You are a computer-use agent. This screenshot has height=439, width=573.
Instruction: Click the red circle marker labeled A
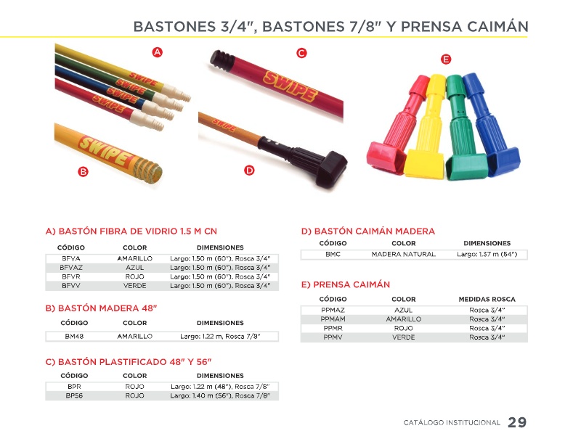click(157, 52)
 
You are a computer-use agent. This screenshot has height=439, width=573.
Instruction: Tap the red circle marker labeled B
click(83, 172)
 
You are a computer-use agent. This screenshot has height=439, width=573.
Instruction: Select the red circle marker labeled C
click(301, 53)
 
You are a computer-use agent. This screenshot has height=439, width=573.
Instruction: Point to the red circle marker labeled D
click(249, 170)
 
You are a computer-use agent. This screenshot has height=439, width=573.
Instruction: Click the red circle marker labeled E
click(446, 58)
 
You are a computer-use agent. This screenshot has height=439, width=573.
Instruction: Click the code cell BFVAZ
click(71, 267)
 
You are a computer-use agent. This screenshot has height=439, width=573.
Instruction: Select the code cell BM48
click(73, 336)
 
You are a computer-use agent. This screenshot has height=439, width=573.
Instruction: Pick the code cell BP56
click(73, 395)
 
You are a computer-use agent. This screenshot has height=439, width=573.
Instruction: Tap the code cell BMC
click(333, 254)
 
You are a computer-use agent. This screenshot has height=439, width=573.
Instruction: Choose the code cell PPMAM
click(333, 319)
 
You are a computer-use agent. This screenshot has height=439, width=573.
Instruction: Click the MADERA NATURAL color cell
click(403, 254)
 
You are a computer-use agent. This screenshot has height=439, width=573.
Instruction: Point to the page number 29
click(517, 422)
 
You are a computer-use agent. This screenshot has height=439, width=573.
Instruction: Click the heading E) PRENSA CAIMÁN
click(345, 284)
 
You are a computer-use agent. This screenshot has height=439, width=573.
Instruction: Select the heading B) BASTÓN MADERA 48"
click(101, 308)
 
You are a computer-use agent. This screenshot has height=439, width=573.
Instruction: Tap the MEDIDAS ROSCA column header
click(487, 299)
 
